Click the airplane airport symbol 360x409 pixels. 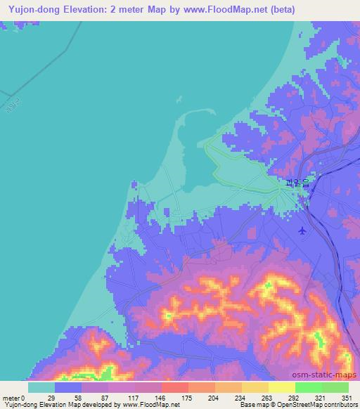coord(302,231)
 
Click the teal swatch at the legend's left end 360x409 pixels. coord(41,387)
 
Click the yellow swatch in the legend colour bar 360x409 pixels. coord(281,387)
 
